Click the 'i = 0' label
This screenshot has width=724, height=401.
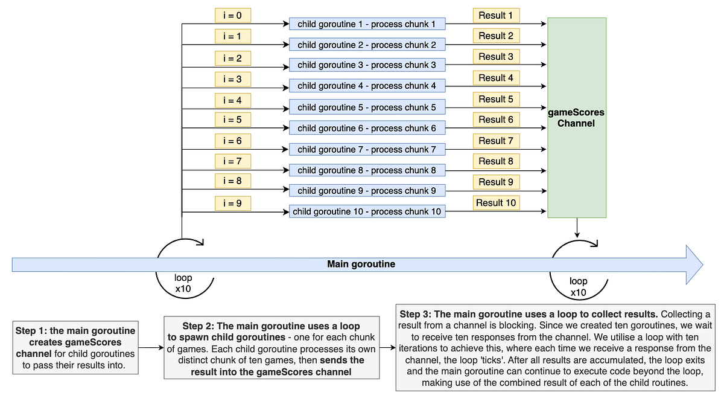click(232, 16)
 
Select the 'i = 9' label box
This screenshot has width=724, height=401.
click(232, 204)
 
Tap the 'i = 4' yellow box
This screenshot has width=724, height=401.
click(232, 100)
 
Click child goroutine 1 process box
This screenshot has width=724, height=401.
click(367, 24)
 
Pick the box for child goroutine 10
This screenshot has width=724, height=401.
click(367, 211)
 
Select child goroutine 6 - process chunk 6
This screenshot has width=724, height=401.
click(367, 128)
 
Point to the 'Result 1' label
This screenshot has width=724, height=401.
click(496, 16)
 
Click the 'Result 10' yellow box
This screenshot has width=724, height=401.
click(496, 203)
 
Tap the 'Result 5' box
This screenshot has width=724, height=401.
click(496, 99)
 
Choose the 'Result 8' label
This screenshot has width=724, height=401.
click(496, 161)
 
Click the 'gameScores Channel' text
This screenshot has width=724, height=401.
click(576, 118)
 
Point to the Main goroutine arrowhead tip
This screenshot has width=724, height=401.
click(702, 264)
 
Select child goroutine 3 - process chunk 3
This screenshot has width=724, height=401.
click(367, 65)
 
